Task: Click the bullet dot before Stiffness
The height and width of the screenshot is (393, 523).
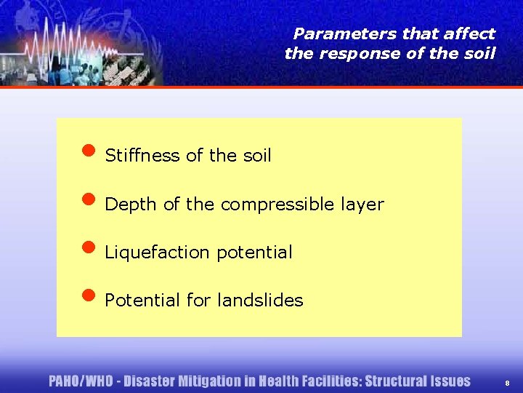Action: (89, 152)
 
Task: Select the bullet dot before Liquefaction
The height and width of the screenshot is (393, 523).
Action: (89, 249)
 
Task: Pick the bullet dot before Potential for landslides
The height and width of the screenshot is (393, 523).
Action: (89, 296)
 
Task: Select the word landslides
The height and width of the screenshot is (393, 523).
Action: (266, 300)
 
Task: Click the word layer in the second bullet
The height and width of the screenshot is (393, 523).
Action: (364, 205)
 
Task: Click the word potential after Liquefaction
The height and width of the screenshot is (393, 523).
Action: (255, 253)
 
